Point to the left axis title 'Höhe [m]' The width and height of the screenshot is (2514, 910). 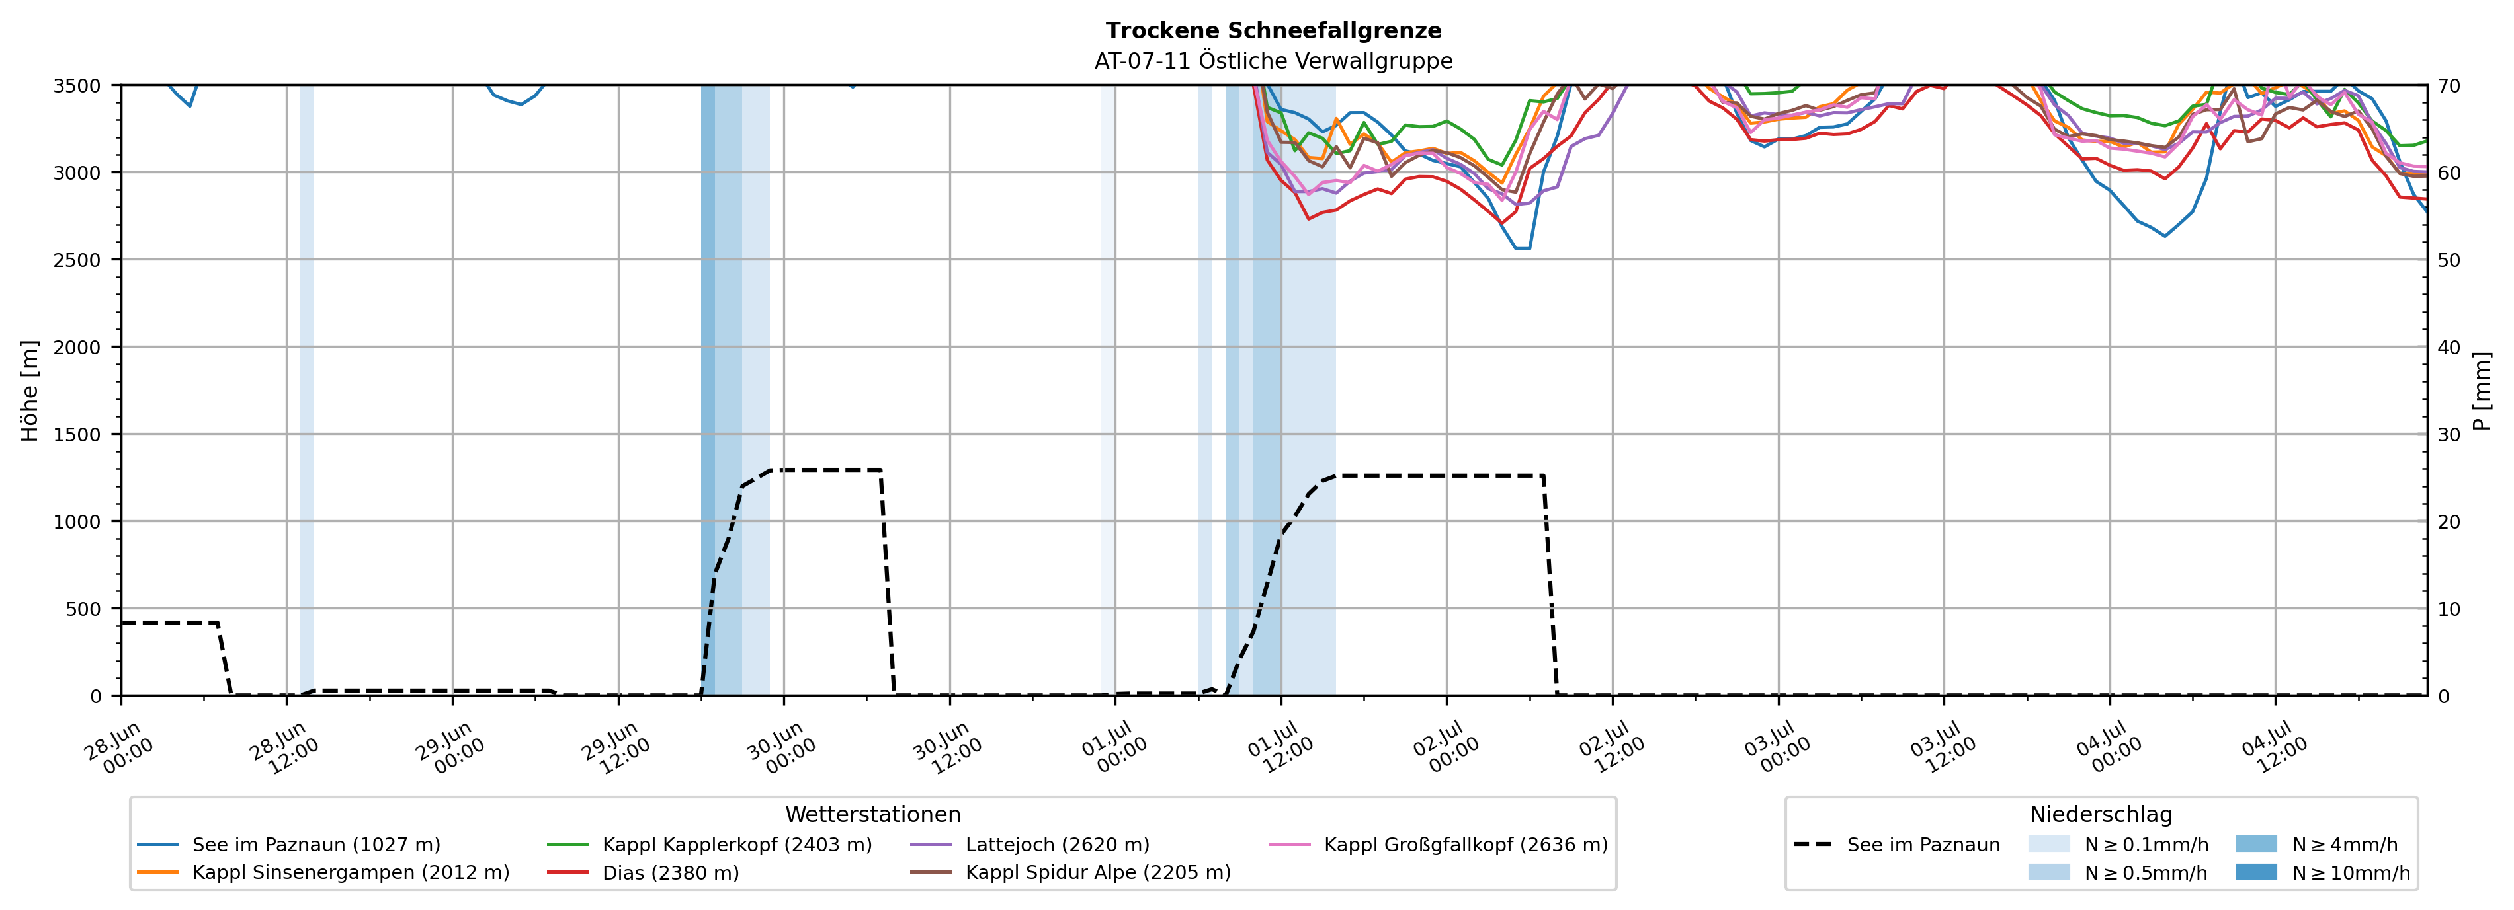[30, 390]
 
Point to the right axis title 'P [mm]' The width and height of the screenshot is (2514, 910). [2482, 390]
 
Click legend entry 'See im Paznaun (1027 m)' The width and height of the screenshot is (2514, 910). [289, 845]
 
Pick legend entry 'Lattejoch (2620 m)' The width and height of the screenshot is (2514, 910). [1030, 845]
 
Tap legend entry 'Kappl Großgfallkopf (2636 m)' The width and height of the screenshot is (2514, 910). [1439, 845]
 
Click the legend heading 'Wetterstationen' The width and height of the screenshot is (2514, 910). [872, 814]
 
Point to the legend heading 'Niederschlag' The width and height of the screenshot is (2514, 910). [2101, 814]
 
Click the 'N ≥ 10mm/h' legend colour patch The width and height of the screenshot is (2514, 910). [2256, 872]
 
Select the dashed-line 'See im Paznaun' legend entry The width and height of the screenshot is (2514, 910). [1896, 845]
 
